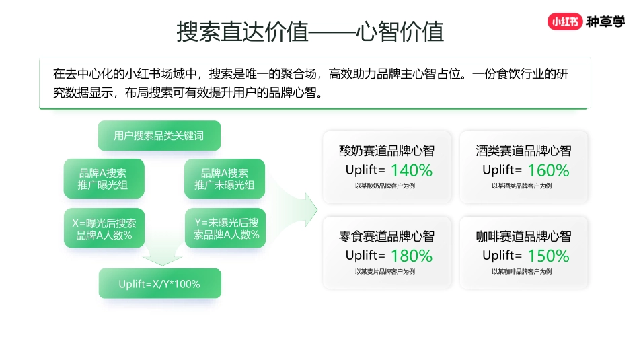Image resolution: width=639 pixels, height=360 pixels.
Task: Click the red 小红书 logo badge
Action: click(x=564, y=22)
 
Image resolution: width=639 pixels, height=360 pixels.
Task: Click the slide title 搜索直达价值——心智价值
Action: click(x=310, y=32)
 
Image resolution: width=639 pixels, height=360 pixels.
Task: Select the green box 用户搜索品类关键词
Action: click(x=159, y=136)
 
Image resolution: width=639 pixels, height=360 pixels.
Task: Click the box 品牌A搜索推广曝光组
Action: click(x=104, y=178)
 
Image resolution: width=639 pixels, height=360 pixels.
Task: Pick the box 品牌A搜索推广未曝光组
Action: click(x=225, y=178)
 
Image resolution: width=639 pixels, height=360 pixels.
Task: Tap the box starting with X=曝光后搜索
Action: click(x=104, y=229)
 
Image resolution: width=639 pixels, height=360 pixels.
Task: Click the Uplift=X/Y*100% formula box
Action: click(x=159, y=284)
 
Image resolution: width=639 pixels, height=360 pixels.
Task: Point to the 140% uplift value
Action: click(x=411, y=170)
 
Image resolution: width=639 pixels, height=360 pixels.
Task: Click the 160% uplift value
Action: click(x=548, y=170)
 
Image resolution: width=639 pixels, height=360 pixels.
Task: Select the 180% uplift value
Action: click(x=411, y=256)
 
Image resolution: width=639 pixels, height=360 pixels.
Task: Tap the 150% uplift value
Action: click(x=548, y=256)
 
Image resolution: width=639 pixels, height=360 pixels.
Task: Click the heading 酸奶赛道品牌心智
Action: click(x=386, y=151)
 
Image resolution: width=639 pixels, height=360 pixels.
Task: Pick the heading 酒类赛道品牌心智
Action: click(x=523, y=151)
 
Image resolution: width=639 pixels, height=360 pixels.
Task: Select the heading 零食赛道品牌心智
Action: click(x=386, y=236)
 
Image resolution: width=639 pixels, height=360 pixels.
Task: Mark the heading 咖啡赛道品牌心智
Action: click(x=523, y=236)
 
